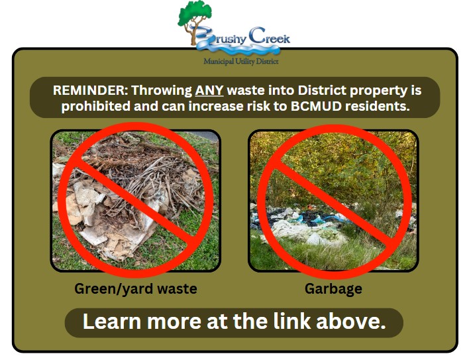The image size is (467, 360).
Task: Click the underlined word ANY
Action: pyautogui.click(x=209, y=90)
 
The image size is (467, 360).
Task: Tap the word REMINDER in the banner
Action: pyautogui.click(x=91, y=90)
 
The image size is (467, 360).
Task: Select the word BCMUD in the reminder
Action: pyautogui.click(x=316, y=106)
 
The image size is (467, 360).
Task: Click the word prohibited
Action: pyautogui.click(x=95, y=106)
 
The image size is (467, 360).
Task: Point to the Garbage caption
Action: pyautogui.click(x=333, y=289)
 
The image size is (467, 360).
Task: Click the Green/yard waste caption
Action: pyautogui.click(x=136, y=289)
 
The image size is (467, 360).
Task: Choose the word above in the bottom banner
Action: pyautogui.click(x=351, y=322)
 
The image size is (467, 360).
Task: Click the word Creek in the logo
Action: pyautogui.click(x=269, y=37)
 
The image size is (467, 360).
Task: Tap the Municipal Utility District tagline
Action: pyautogui.click(x=241, y=62)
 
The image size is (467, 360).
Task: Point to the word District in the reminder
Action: pyautogui.click(x=322, y=90)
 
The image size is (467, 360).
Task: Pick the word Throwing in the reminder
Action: pyautogui.click(x=162, y=90)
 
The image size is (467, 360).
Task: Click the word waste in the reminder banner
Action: pyautogui.click(x=246, y=91)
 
